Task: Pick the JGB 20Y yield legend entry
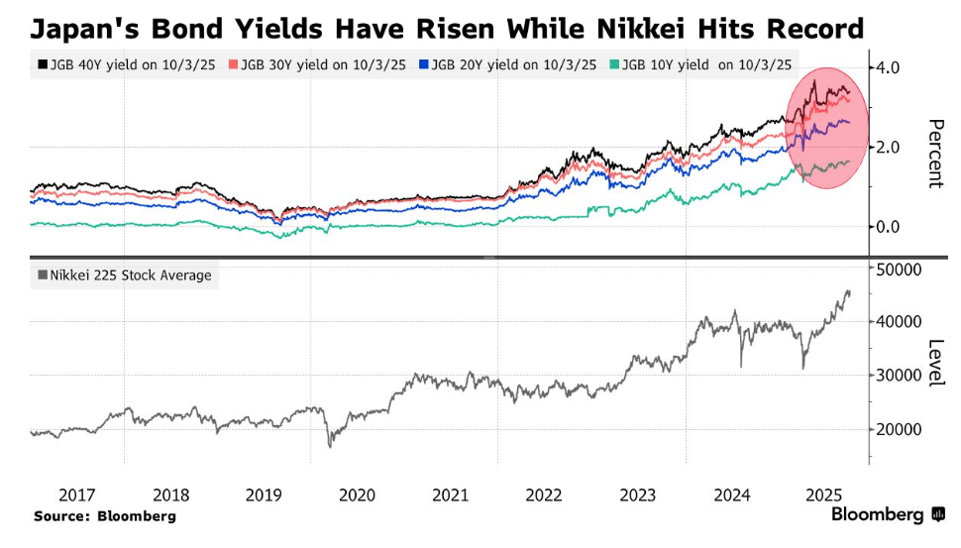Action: coord(511,64)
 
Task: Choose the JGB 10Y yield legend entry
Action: coord(704,64)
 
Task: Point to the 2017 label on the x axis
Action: coord(77,494)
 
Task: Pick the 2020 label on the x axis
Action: coord(358,494)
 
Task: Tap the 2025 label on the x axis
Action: coord(824,494)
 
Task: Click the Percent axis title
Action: coord(934,154)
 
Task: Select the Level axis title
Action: coord(934,363)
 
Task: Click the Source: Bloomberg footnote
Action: coord(104,516)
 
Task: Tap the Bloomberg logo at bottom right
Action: coord(888,514)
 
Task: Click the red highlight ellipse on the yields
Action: coord(826,129)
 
